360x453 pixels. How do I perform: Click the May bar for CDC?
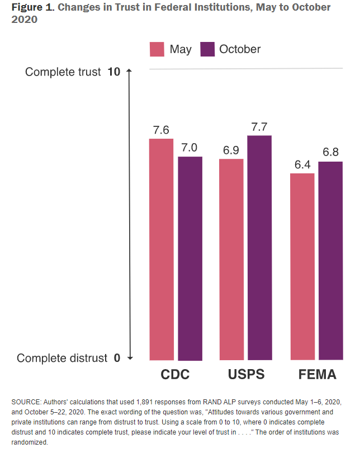[161, 249]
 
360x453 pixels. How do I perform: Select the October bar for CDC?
[190, 258]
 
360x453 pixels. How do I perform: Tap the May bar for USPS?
[231, 259]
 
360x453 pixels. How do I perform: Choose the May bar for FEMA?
[302, 266]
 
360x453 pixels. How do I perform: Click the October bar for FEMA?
[330, 260]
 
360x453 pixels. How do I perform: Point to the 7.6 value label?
[161, 130]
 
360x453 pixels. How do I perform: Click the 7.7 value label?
[259, 126]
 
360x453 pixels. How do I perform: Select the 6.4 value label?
[302, 164]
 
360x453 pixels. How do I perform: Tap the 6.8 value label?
[330, 153]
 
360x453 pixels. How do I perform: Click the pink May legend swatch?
[157, 49]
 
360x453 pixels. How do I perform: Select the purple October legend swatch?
[208, 49]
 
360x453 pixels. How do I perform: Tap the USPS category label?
[245, 374]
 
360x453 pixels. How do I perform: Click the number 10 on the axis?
[113, 72]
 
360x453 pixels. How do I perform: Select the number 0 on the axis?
[117, 358]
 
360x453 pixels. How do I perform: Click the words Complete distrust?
[61, 358]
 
